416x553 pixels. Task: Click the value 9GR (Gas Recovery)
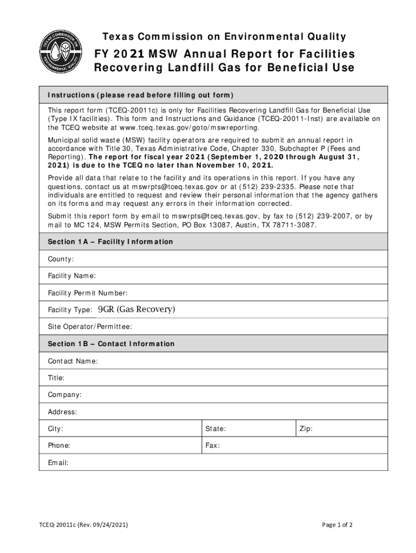[x=137, y=309]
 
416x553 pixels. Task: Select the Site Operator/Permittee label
[x=90, y=327]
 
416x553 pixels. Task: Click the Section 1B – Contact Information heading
[x=111, y=343]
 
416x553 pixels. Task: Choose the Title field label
[x=56, y=378]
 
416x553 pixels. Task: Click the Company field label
[x=65, y=395]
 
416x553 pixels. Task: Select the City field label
[x=56, y=429]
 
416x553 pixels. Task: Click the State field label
[x=215, y=429]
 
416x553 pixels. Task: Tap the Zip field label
[x=305, y=429]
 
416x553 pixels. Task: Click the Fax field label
[x=212, y=446]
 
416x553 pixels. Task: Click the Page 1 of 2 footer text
[x=337, y=524]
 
